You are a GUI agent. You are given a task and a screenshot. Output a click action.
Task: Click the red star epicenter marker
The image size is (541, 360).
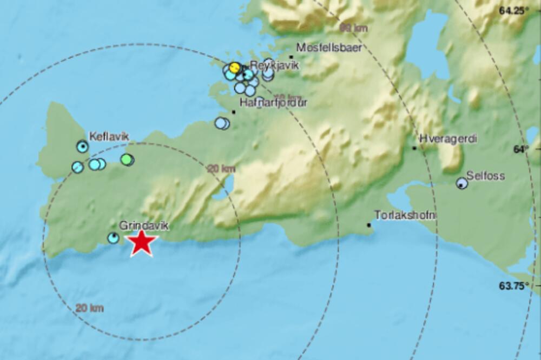(142, 242)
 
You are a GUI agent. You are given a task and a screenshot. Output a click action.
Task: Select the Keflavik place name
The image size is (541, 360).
(109, 137)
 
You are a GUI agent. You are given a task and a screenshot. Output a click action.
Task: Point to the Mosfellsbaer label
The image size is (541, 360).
(329, 47)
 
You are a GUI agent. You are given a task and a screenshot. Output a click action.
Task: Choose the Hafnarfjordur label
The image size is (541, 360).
(273, 103)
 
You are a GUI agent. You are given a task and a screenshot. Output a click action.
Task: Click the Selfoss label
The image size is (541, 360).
(486, 176)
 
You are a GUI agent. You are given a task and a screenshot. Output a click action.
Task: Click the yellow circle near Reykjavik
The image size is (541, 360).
(234, 68)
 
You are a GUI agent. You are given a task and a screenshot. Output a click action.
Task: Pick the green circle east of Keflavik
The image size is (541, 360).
(127, 159)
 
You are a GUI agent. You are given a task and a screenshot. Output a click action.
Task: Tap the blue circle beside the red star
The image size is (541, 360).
(113, 238)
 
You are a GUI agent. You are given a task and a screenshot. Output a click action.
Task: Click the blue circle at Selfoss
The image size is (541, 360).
(461, 184)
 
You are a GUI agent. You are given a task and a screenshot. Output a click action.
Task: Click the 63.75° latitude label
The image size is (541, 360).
(513, 286)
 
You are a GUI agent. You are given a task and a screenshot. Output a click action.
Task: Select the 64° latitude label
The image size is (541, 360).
(521, 149)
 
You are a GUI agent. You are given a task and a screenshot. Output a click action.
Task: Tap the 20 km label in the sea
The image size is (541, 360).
(89, 308)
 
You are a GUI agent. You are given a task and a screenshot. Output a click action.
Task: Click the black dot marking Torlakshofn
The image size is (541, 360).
(370, 225)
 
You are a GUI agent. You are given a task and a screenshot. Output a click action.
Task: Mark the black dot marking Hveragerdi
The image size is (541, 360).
(414, 148)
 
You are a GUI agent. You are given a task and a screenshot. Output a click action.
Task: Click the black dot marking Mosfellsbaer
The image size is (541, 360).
(291, 56)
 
